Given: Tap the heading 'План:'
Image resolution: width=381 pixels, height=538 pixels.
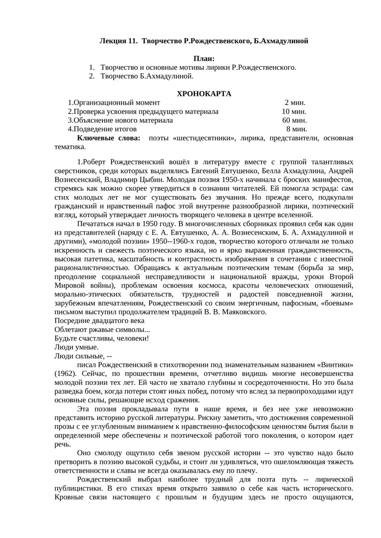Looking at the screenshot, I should (x=204, y=59).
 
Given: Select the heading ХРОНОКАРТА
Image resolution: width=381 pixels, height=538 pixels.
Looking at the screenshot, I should (x=204, y=94).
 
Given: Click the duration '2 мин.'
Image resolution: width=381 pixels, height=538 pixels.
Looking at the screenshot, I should (x=295, y=102).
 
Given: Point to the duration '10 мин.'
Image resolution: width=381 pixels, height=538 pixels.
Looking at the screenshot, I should (x=294, y=111).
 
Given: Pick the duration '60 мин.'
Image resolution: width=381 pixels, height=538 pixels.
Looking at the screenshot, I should (x=294, y=120).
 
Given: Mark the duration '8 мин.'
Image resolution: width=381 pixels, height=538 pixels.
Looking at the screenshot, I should (x=296, y=129).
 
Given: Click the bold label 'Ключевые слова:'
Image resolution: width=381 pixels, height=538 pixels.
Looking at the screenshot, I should (x=109, y=138).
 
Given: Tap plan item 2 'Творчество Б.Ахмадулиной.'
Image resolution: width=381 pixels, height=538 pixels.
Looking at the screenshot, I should (x=147, y=76).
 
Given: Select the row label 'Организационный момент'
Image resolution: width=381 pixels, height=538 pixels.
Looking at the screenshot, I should (x=115, y=102).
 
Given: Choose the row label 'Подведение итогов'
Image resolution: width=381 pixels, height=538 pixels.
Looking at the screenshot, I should (x=104, y=129).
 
